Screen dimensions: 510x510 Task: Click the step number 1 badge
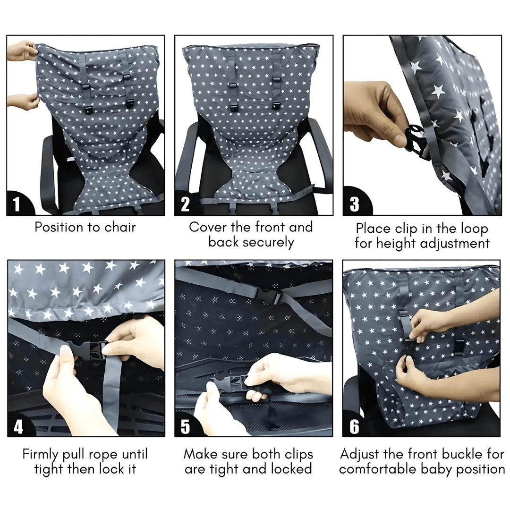click(x=17, y=204)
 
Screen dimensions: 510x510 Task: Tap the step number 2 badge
click(x=185, y=204)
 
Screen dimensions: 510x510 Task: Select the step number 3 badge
click(x=354, y=204)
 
